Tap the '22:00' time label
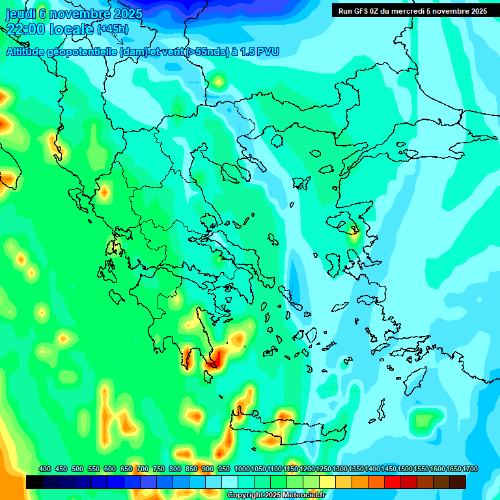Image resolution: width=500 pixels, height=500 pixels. pos(27,29)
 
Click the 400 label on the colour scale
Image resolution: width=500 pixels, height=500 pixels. pos(45,469)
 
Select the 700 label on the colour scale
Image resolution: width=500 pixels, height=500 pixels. pos(143,469)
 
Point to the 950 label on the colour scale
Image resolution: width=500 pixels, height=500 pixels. pos(224,469)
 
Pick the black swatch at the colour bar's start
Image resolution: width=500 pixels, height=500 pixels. pos(35,482)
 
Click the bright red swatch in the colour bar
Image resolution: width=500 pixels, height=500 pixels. pos(393,482)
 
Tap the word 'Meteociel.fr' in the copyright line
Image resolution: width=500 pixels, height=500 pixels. pos(303,495)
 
